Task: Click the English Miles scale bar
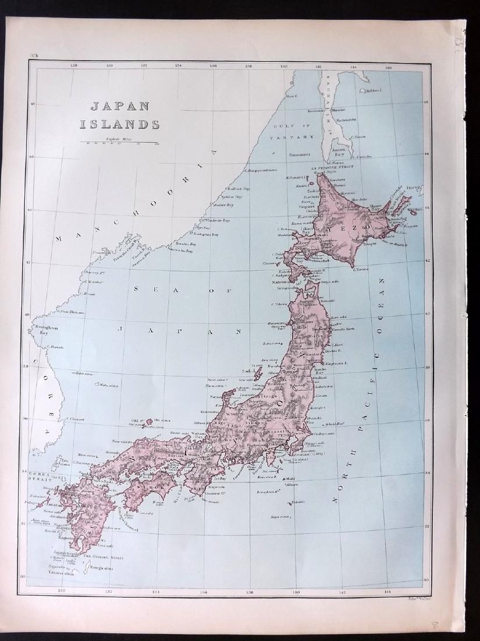tap(119, 142)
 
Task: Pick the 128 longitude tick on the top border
tap(74, 66)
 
